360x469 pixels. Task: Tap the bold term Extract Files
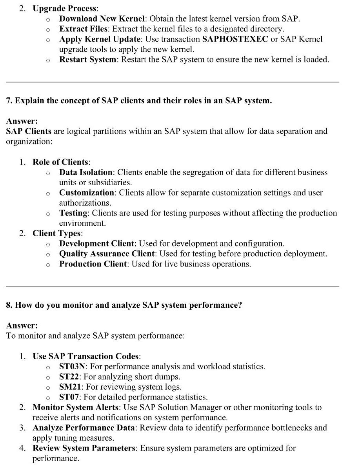pyautogui.click(x=83, y=29)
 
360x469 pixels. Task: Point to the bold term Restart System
pyautogui.click(x=87, y=60)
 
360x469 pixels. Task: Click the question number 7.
pyautogui.click(x=9, y=100)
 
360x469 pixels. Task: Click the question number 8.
pyautogui.click(x=9, y=305)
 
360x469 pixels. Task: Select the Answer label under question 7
pyautogui.click(x=22, y=121)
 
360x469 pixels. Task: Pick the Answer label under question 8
pyautogui.click(x=22, y=325)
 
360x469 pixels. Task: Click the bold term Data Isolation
pyautogui.click(x=86, y=172)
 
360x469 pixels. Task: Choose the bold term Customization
pyautogui.click(x=87, y=193)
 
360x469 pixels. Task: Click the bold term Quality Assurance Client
pyautogui.click(x=107, y=254)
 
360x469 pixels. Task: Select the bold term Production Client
pyautogui.click(x=93, y=264)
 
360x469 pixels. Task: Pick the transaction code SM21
pyautogui.click(x=70, y=387)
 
